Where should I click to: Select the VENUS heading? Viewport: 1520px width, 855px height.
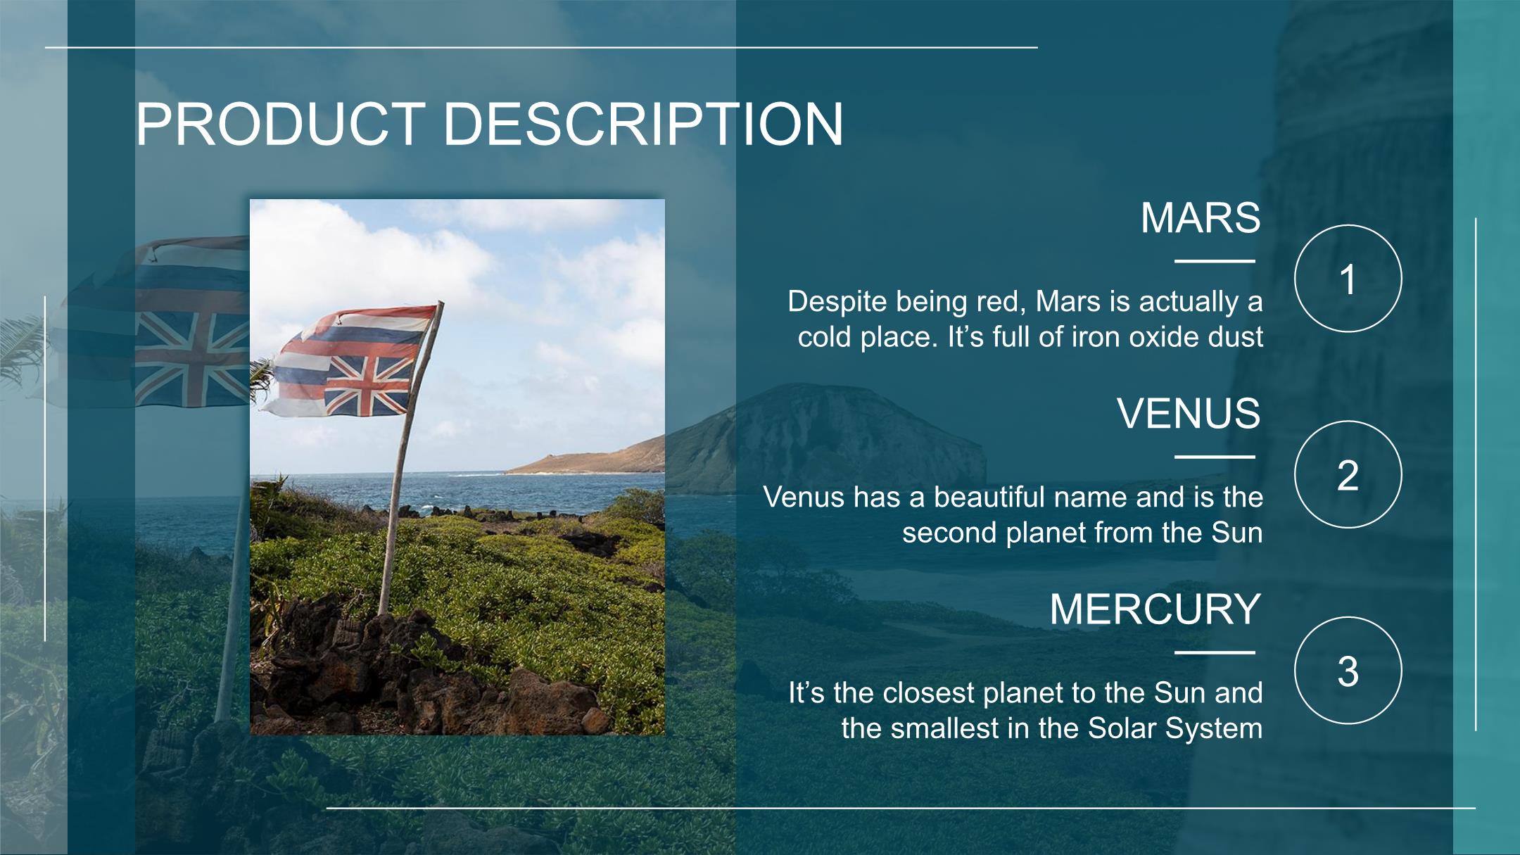[x=1189, y=413]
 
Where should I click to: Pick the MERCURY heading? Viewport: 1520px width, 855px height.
[x=1155, y=609]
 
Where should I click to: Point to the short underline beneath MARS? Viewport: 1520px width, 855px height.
[x=1215, y=261]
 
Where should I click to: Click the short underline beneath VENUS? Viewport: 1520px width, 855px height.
[x=1215, y=457]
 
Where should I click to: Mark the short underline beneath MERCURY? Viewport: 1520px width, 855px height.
[x=1215, y=652]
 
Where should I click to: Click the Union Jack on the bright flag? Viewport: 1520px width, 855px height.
[x=367, y=384]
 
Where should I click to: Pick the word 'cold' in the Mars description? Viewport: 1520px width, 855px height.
[x=825, y=337]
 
